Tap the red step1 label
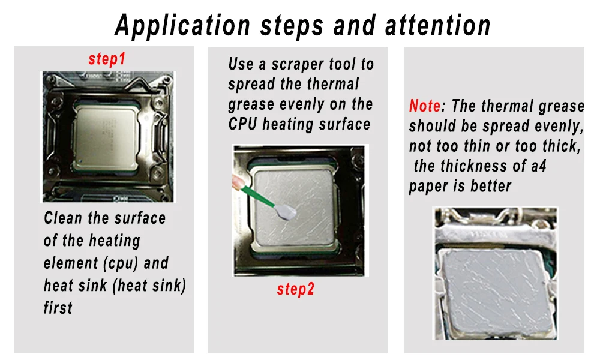[107, 59]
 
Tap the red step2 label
[295, 289]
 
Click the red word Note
[425, 106]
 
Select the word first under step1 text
[58, 308]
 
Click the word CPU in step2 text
[243, 124]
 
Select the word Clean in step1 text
[64, 218]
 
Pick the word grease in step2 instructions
[251, 104]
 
